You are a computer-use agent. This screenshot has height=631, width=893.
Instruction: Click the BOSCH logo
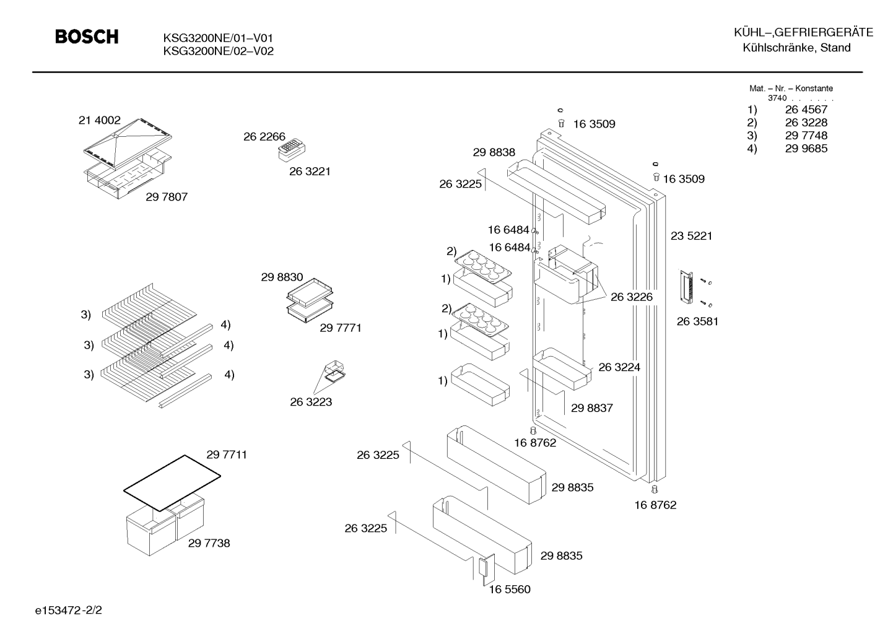tap(87, 37)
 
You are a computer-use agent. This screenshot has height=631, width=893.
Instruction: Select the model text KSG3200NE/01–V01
tap(218, 38)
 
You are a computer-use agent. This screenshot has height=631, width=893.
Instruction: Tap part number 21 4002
tap(99, 120)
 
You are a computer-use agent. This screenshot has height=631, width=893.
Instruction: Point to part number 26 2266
tap(264, 137)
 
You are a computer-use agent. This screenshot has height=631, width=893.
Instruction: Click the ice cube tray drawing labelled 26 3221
tap(292, 150)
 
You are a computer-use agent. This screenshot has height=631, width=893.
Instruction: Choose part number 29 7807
tap(167, 197)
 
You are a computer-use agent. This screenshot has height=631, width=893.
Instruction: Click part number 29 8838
tap(494, 152)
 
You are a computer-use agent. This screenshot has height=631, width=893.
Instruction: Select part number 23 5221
tap(691, 236)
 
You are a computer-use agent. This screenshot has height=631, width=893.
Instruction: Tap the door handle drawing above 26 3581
tap(686, 287)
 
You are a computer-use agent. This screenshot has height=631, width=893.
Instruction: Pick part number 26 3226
tap(632, 297)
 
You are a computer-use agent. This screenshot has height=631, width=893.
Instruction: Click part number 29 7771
tap(341, 328)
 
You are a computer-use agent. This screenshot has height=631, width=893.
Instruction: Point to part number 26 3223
tap(311, 402)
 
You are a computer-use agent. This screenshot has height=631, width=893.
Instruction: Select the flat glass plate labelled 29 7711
tap(172, 483)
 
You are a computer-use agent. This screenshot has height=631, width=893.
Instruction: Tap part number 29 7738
tap(209, 543)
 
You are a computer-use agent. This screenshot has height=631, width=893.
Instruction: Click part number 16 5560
tap(510, 589)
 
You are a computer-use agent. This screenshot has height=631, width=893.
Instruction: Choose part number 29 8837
tap(592, 408)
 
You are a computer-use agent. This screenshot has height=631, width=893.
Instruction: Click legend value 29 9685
tap(806, 148)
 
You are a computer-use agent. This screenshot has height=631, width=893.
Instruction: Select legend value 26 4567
tap(806, 109)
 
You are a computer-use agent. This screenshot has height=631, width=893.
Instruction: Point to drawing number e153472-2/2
tap(69, 611)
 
